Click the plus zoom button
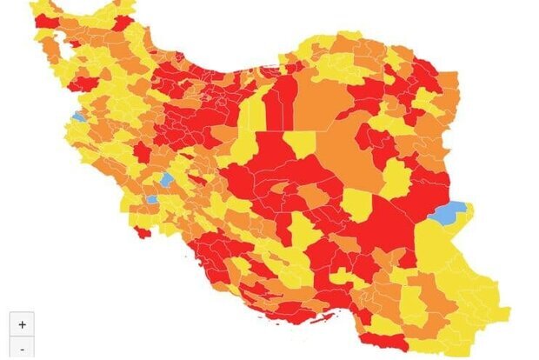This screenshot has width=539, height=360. tap(22, 324)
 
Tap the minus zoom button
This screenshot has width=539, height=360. tap(22, 350)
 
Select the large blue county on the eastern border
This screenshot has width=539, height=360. tap(449, 211)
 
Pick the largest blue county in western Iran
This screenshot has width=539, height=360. tap(167, 179)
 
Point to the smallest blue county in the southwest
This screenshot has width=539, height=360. tap(152, 199)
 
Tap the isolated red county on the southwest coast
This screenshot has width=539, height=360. tap(142, 232)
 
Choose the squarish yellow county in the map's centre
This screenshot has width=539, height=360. tap(301, 143)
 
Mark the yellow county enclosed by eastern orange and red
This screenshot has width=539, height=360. tap(396, 177)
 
